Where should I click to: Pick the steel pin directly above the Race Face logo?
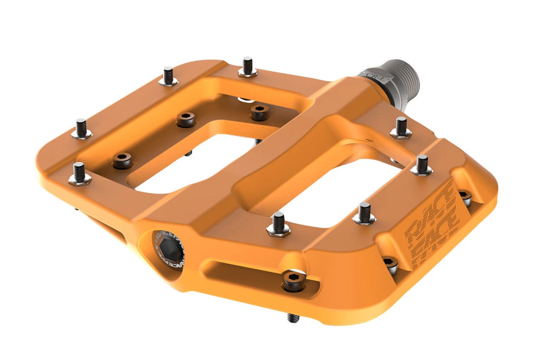422,165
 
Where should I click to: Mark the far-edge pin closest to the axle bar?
247,67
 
